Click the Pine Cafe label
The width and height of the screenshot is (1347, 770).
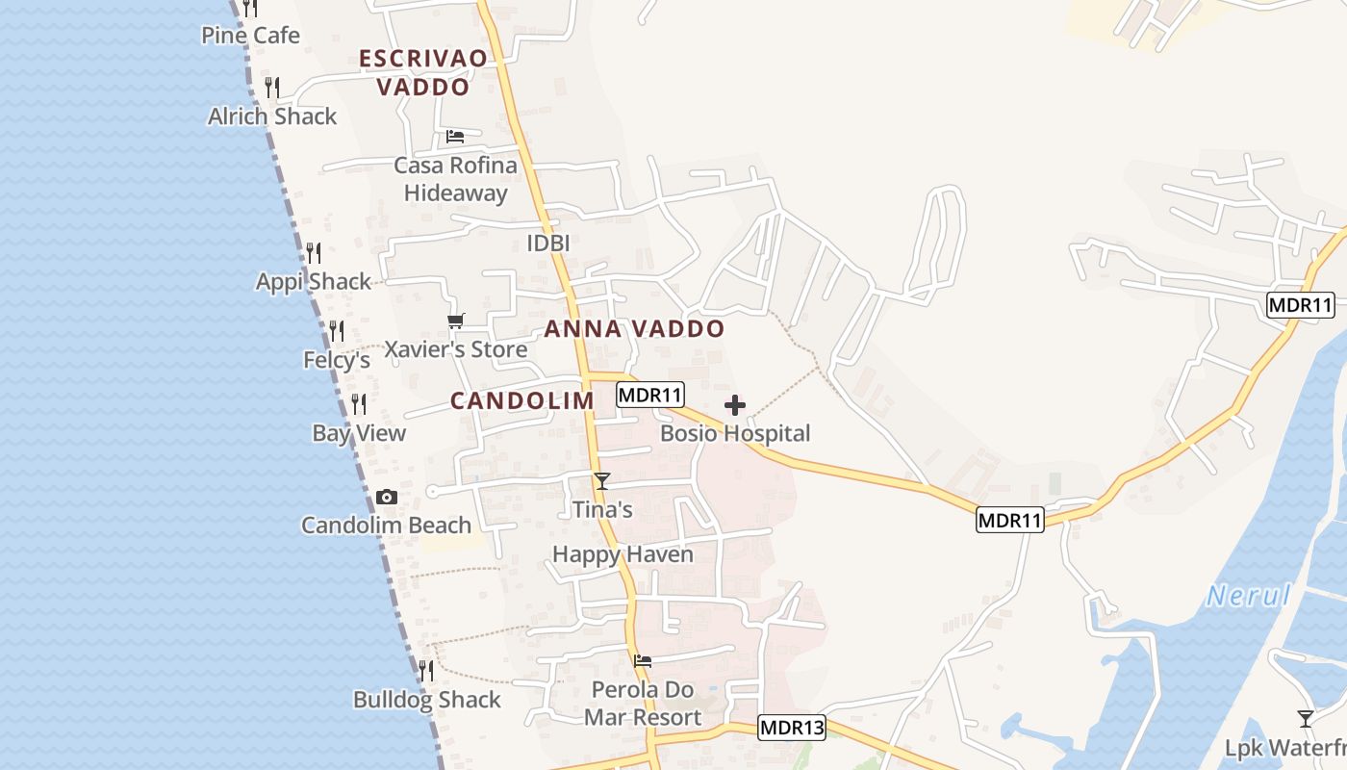[250, 36]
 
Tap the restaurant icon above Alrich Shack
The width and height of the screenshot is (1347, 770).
[272, 88]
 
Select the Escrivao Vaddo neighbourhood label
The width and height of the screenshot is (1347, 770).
[422, 72]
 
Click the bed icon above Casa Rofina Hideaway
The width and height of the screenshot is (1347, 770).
[455, 136]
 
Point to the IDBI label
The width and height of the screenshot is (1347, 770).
[548, 244]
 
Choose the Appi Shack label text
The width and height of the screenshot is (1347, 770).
[313, 282]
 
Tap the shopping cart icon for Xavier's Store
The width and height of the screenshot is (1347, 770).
[455, 321]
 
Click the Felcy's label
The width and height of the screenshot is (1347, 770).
[337, 360]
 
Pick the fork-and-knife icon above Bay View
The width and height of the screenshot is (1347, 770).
[359, 403]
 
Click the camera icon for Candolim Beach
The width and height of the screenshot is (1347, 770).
[387, 497]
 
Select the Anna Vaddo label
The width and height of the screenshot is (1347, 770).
[634, 329]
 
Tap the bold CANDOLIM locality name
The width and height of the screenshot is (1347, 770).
[522, 400]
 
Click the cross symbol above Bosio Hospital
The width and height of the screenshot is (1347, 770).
[735, 405]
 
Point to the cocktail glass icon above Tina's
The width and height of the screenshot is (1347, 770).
[602, 480]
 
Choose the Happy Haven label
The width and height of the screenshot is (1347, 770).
[623, 554]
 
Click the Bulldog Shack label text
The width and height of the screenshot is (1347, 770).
[427, 700]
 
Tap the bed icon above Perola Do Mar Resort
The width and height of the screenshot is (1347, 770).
[643, 660]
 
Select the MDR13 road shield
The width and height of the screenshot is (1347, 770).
[792, 728]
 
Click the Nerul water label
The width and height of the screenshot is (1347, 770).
[1249, 596]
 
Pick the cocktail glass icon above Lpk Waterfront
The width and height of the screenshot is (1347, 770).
[1306, 718]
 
